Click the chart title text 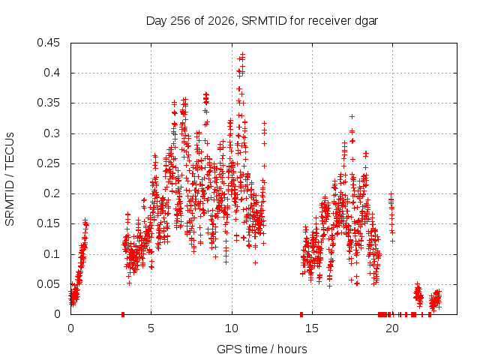point(262,21)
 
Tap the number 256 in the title point(181,21)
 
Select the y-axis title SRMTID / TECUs point(10,179)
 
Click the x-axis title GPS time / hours point(262,349)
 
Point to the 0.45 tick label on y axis point(48,43)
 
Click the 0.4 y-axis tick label point(52,73)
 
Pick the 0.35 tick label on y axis point(48,103)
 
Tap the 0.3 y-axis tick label point(52,133)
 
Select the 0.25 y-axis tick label point(48,163)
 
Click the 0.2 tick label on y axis point(52,193)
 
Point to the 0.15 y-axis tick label point(48,223)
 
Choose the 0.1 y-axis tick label point(52,254)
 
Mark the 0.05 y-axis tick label point(48,284)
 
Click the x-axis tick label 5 point(151,328)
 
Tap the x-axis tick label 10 point(232,328)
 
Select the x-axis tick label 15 point(312,328)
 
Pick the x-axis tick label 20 point(392,328)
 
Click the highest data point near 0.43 point(243,54)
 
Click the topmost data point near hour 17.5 point(352,116)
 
